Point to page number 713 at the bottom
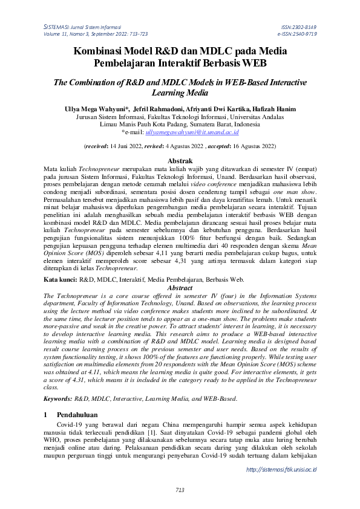(x=180, y=490)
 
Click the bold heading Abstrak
(x=180, y=161)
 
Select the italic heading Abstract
(x=180, y=289)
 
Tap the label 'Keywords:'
(x=59, y=399)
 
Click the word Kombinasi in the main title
(x=105, y=51)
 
